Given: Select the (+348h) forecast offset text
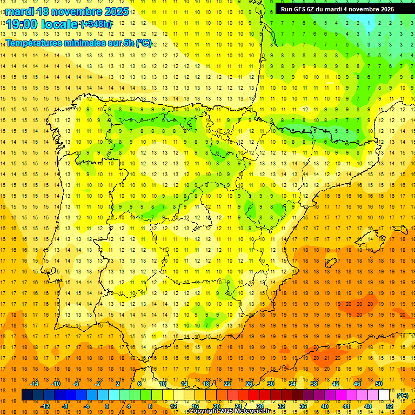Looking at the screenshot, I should [x=96, y=24].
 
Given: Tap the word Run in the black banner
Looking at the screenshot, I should [x=287, y=9].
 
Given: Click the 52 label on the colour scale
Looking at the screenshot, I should [x=390, y=406].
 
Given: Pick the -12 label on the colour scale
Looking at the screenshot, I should [x=45, y=406].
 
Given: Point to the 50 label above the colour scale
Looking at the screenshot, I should [x=379, y=384].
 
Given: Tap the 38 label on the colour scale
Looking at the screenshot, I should [x=314, y=384].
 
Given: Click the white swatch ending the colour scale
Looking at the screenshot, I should [x=384, y=395].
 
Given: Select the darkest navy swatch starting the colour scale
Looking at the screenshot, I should [x=27, y=395].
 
